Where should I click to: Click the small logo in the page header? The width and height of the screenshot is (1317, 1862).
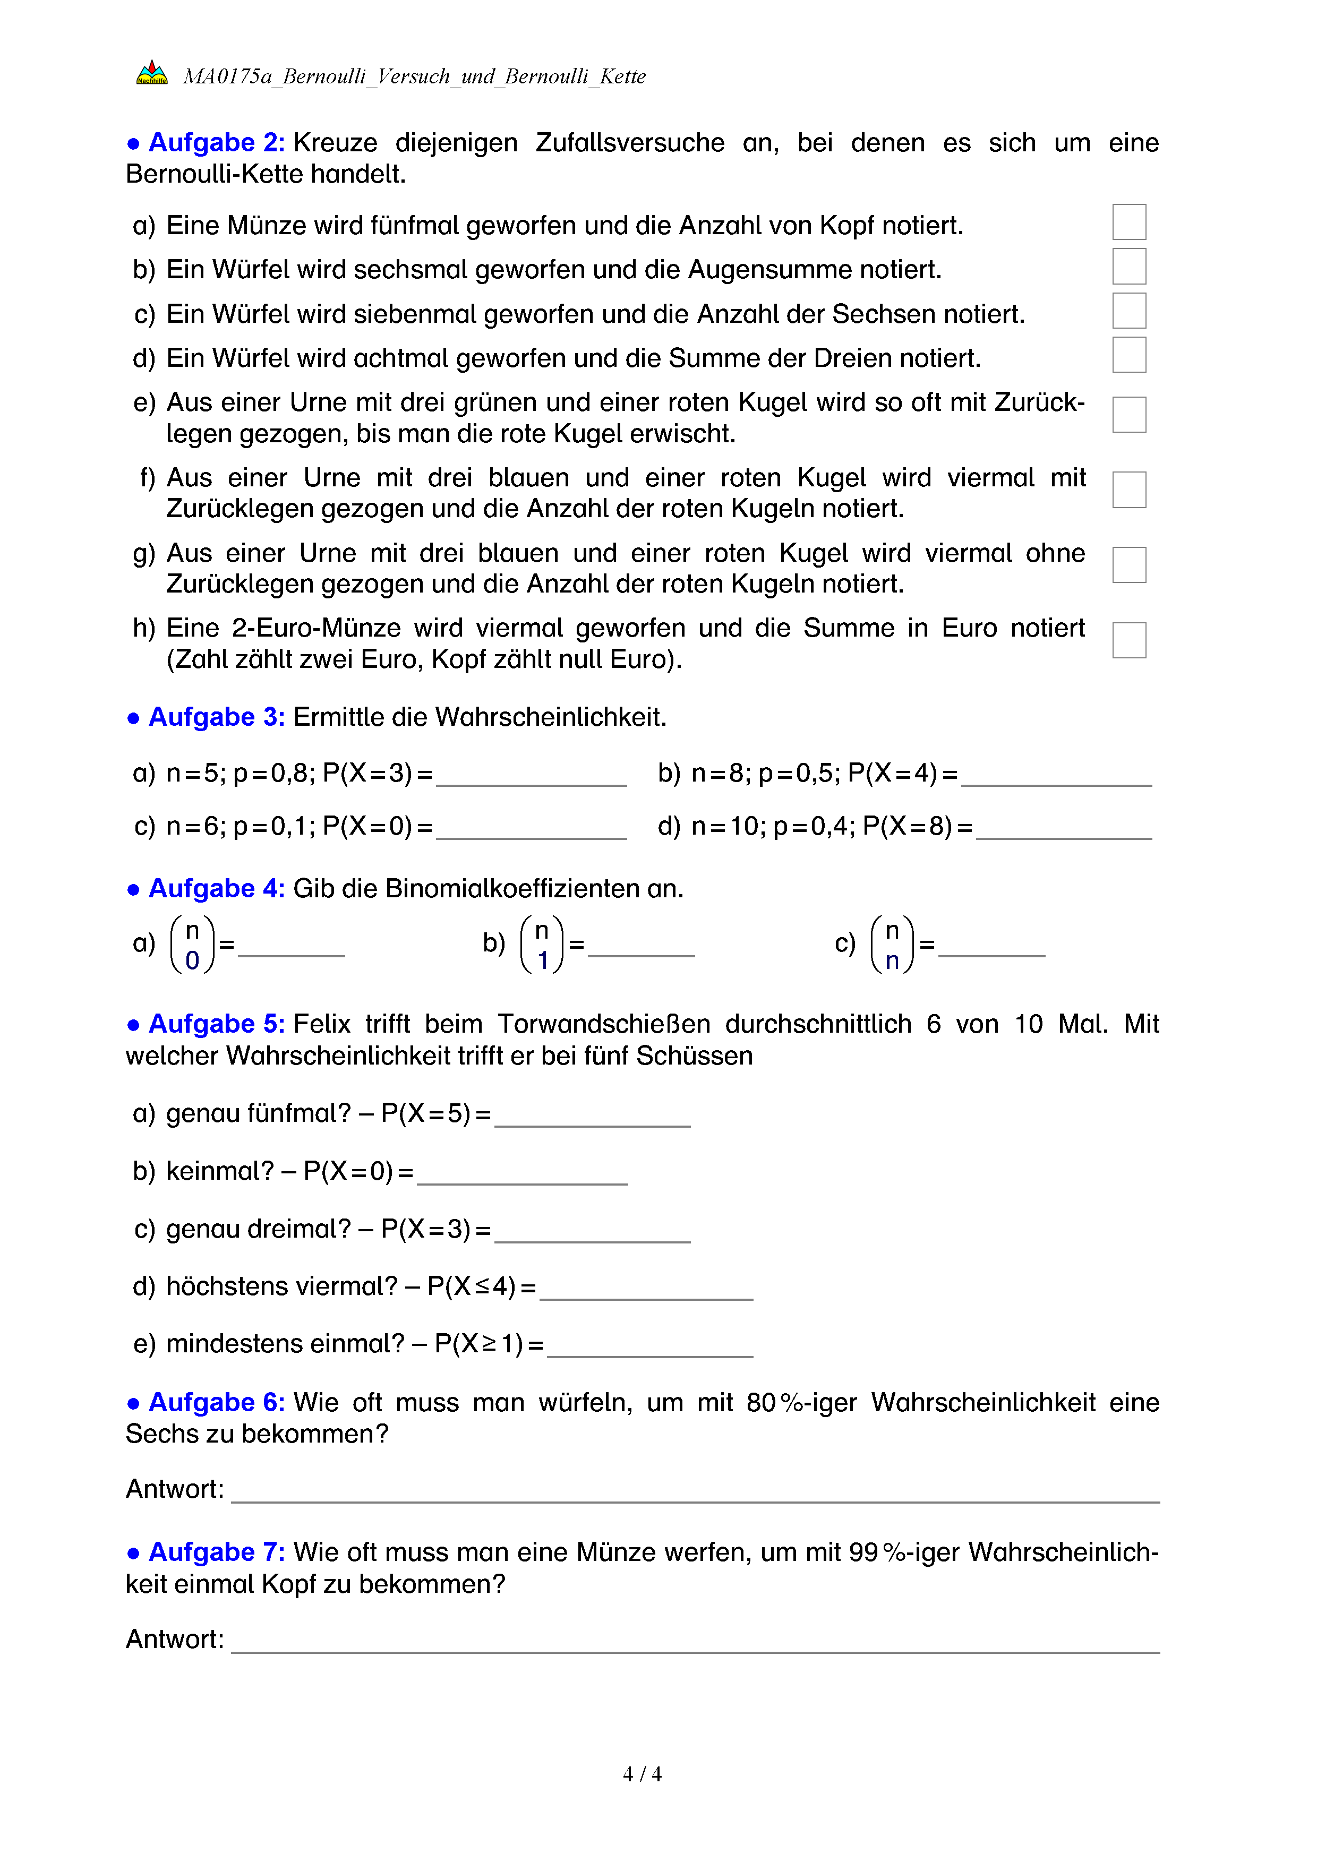click(x=152, y=73)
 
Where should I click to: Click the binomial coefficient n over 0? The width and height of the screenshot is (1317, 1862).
click(x=192, y=945)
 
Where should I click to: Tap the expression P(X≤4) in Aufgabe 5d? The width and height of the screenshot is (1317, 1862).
click(x=471, y=1287)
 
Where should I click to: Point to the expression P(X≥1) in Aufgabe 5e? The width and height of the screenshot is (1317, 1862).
click(x=478, y=1344)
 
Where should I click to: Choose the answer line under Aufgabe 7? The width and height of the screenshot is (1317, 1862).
click(x=695, y=1643)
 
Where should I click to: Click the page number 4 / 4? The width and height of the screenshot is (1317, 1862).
click(x=642, y=1774)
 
